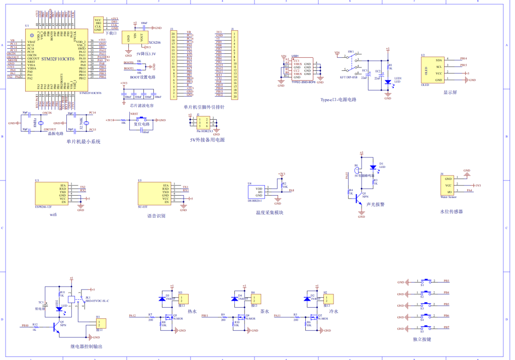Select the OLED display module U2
pos(436,70)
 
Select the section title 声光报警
pos(375,205)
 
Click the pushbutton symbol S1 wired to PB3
pos(428,281)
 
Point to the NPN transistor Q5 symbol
pos(57,327)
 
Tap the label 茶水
pos(265,312)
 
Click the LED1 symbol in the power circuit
pos(387,81)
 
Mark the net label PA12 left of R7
pos(132,316)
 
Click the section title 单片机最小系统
pos(83,142)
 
